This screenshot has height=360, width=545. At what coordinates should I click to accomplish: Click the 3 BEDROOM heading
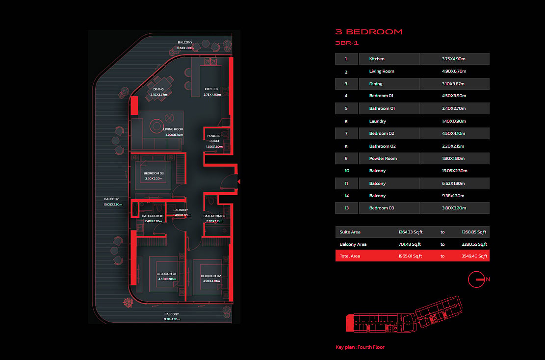coord(369,32)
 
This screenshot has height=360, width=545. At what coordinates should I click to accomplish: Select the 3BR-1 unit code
coord(346,43)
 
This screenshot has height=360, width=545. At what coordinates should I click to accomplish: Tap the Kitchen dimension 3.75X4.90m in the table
coord(454,59)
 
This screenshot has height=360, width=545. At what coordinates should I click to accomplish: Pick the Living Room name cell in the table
coord(382,71)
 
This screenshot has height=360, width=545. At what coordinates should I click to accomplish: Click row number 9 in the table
coord(346,158)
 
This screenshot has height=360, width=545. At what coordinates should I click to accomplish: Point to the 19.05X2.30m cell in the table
coord(455,171)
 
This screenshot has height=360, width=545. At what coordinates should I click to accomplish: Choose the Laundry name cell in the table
coord(377,121)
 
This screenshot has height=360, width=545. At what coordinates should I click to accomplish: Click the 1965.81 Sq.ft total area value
coord(410,256)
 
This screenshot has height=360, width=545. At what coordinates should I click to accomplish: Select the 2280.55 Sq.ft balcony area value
coord(474,244)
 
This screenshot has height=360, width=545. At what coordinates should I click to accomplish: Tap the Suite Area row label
coord(350,232)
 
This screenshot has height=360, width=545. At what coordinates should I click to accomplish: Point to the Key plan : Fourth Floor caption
coord(360,347)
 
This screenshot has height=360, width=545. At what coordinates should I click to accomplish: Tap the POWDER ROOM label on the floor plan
coord(214,138)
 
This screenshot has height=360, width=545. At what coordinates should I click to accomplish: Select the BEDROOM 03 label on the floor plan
coord(154,174)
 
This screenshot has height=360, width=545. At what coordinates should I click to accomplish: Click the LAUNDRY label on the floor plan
coord(181,210)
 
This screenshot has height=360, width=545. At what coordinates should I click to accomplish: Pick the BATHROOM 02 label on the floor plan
coord(214,216)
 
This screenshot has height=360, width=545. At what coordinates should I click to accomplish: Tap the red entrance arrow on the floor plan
coord(239,182)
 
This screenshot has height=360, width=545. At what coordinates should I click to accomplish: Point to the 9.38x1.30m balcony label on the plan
coord(172,319)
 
